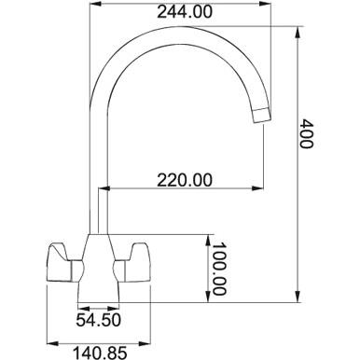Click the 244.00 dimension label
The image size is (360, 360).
point(185,12)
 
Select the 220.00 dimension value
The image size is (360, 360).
point(185,180)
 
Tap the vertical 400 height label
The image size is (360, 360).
point(307,133)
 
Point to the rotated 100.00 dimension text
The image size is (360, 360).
point(219,269)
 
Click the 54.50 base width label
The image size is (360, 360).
point(98,320)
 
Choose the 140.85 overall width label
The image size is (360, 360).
point(100,353)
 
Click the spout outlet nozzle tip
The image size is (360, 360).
point(262,115)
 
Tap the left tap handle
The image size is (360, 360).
point(63,263)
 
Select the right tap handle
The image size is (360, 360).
point(132,263)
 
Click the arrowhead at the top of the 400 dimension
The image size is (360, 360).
point(298,33)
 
